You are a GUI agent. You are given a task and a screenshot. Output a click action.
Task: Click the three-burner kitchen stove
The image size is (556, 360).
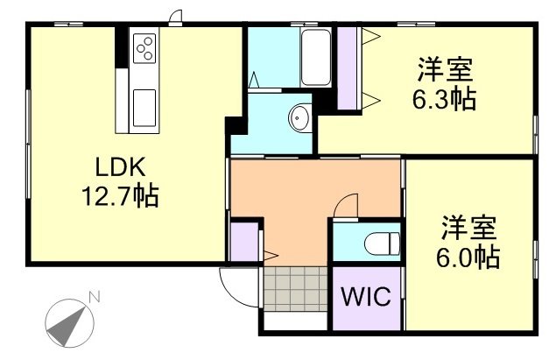144,47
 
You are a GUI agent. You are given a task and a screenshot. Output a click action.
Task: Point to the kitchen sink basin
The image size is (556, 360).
144,110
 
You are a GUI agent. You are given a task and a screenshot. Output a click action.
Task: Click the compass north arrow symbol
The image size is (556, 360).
68,321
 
